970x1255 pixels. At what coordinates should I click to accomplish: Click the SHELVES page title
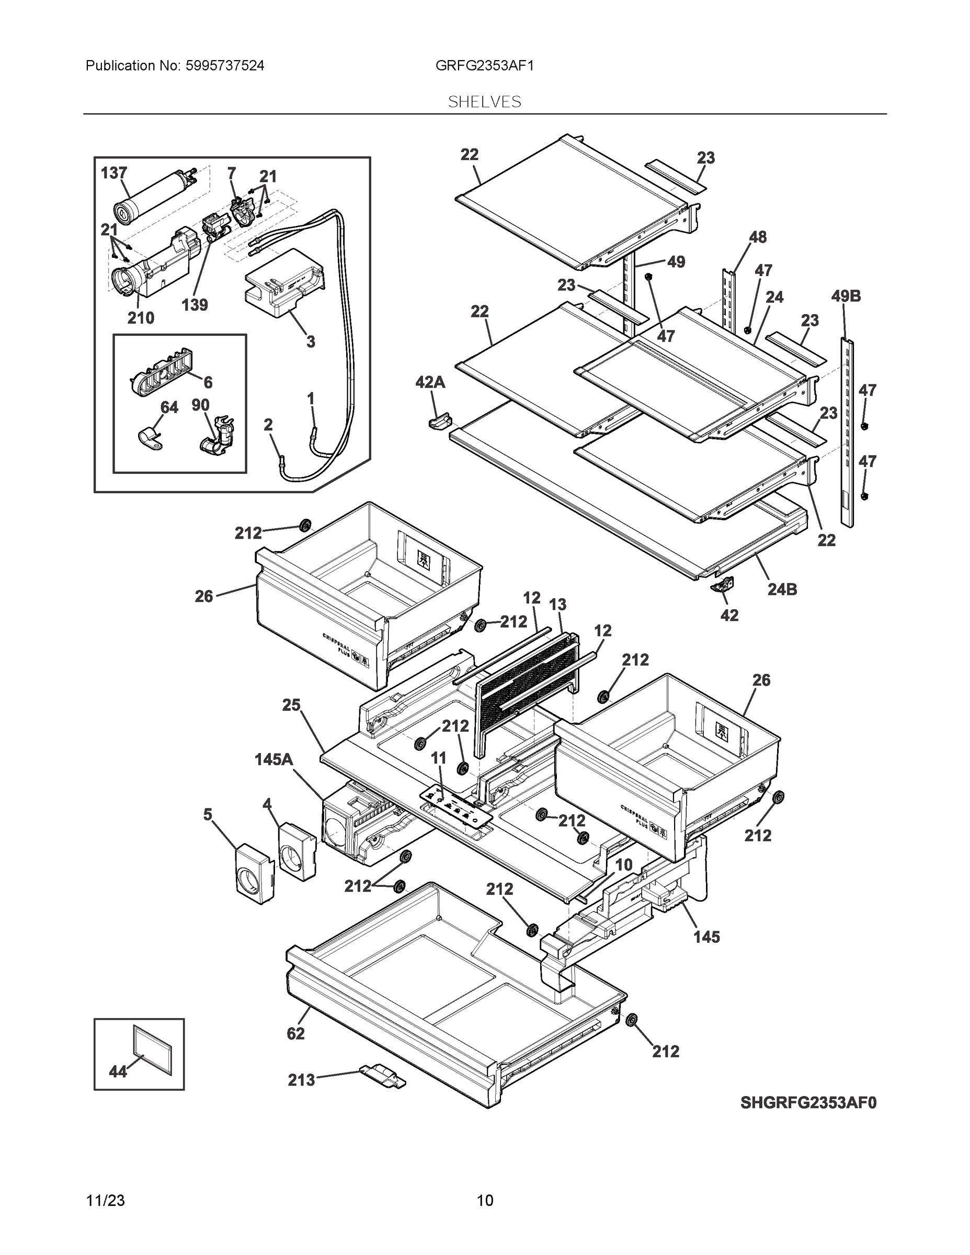[x=484, y=102]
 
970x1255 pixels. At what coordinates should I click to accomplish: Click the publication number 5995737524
[x=224, y=65]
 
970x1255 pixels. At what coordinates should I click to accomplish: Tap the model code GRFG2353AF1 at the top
[x=484, y=65]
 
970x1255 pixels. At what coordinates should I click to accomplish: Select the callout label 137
[x=114, y=173]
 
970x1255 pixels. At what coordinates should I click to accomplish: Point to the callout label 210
[x=140, y=318]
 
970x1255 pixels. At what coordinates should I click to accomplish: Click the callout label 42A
[x=430, y=382]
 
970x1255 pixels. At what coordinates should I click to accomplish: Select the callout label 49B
[x=846, y=296]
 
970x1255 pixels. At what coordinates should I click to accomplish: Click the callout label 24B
[x=782, y=589]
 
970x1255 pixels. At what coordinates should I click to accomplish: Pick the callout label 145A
[x=273, y=760]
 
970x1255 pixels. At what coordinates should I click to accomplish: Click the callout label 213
[x=301, y=1080]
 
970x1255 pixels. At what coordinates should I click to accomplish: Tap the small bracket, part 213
[x=383, y=1075]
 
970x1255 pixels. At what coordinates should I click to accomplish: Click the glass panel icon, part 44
[x=152, y=1051]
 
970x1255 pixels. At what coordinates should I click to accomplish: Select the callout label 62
[x=295, y=1033]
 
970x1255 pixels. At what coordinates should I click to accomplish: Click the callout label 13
[x=557, y=604]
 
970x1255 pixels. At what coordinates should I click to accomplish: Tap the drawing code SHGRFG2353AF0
[x=808, y=1103]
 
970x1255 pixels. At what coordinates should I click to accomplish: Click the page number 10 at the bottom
[x=484, y=1201]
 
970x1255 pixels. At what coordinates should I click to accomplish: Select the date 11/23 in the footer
[x=105, y=1201]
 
